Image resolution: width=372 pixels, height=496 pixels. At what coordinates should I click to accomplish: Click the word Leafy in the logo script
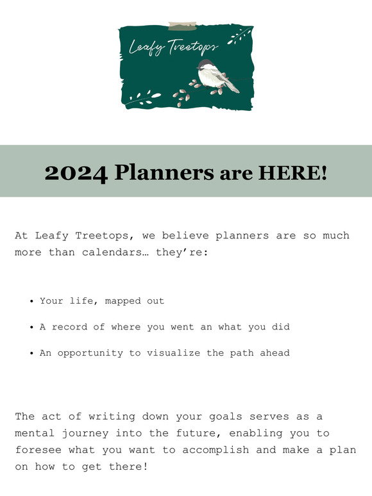(x=146, y=47)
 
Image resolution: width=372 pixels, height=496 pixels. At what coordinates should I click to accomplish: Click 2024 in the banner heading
(x=76, y=172)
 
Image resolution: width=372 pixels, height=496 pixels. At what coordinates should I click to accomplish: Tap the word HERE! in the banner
(x=292, y=172)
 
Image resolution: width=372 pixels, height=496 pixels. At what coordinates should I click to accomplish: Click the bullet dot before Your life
(x=31, y=301)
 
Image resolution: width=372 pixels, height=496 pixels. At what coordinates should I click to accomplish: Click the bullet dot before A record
(x=31, y=327)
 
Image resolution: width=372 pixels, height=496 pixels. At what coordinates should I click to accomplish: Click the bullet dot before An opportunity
(x=31, y=354)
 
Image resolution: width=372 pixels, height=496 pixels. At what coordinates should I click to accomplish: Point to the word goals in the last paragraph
(x=207, y=417)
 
